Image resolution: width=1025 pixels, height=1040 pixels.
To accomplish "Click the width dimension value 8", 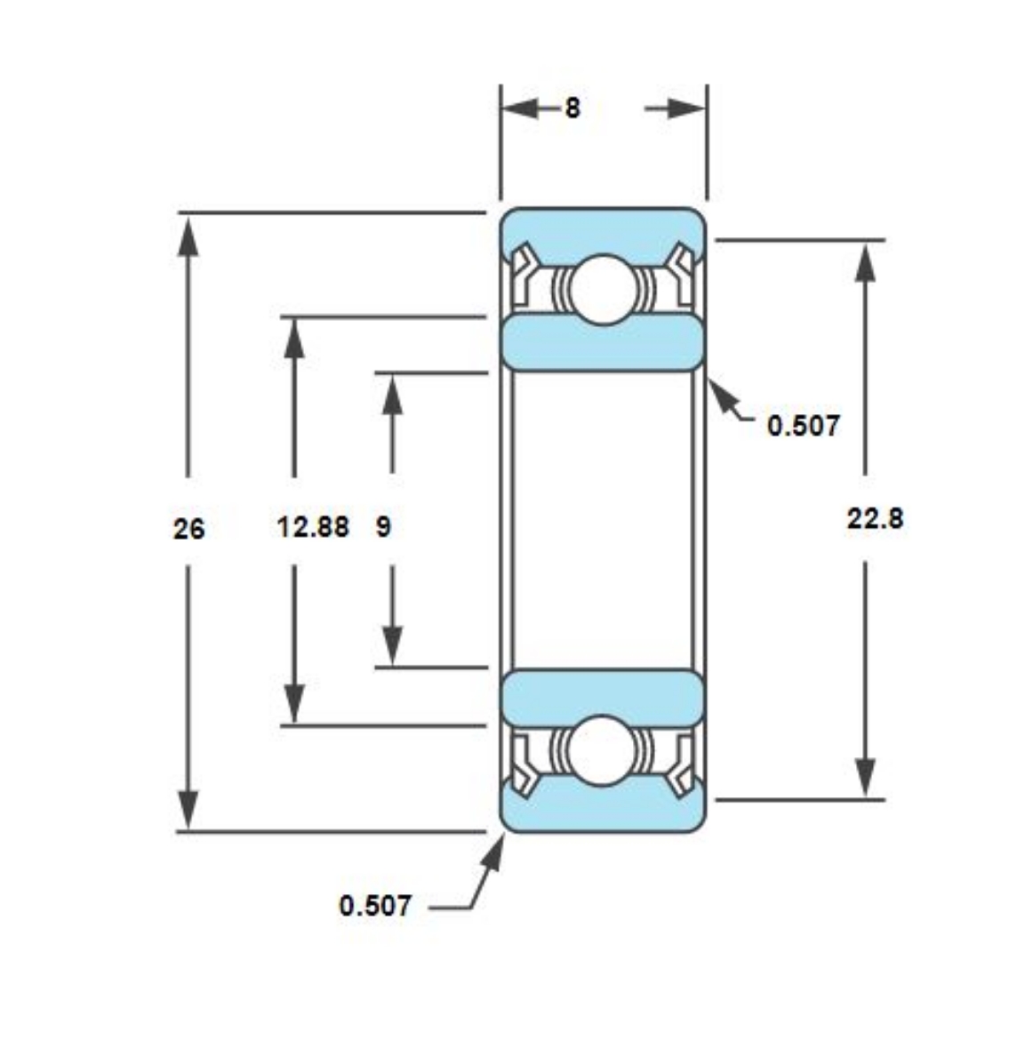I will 573,108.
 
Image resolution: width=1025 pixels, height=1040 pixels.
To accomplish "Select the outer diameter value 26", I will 188,529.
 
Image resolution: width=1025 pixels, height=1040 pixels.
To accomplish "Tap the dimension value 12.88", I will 313,526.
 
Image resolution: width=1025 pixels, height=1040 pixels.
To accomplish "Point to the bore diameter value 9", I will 383,526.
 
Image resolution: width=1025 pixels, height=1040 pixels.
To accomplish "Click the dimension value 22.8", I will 875,517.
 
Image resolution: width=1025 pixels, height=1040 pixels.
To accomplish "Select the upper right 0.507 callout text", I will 803,425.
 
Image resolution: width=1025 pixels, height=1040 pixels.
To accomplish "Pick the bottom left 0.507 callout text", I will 375,906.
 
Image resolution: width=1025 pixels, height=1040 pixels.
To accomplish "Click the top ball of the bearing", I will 604,289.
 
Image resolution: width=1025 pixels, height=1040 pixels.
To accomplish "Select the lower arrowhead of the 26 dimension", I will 188,809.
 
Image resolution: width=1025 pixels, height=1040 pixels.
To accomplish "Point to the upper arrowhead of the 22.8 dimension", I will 865,261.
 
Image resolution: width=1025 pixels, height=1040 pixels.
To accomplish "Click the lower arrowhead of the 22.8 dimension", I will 865,778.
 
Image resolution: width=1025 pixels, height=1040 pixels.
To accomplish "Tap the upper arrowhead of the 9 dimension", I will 392,394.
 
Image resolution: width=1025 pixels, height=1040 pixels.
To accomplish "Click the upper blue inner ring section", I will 603,342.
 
